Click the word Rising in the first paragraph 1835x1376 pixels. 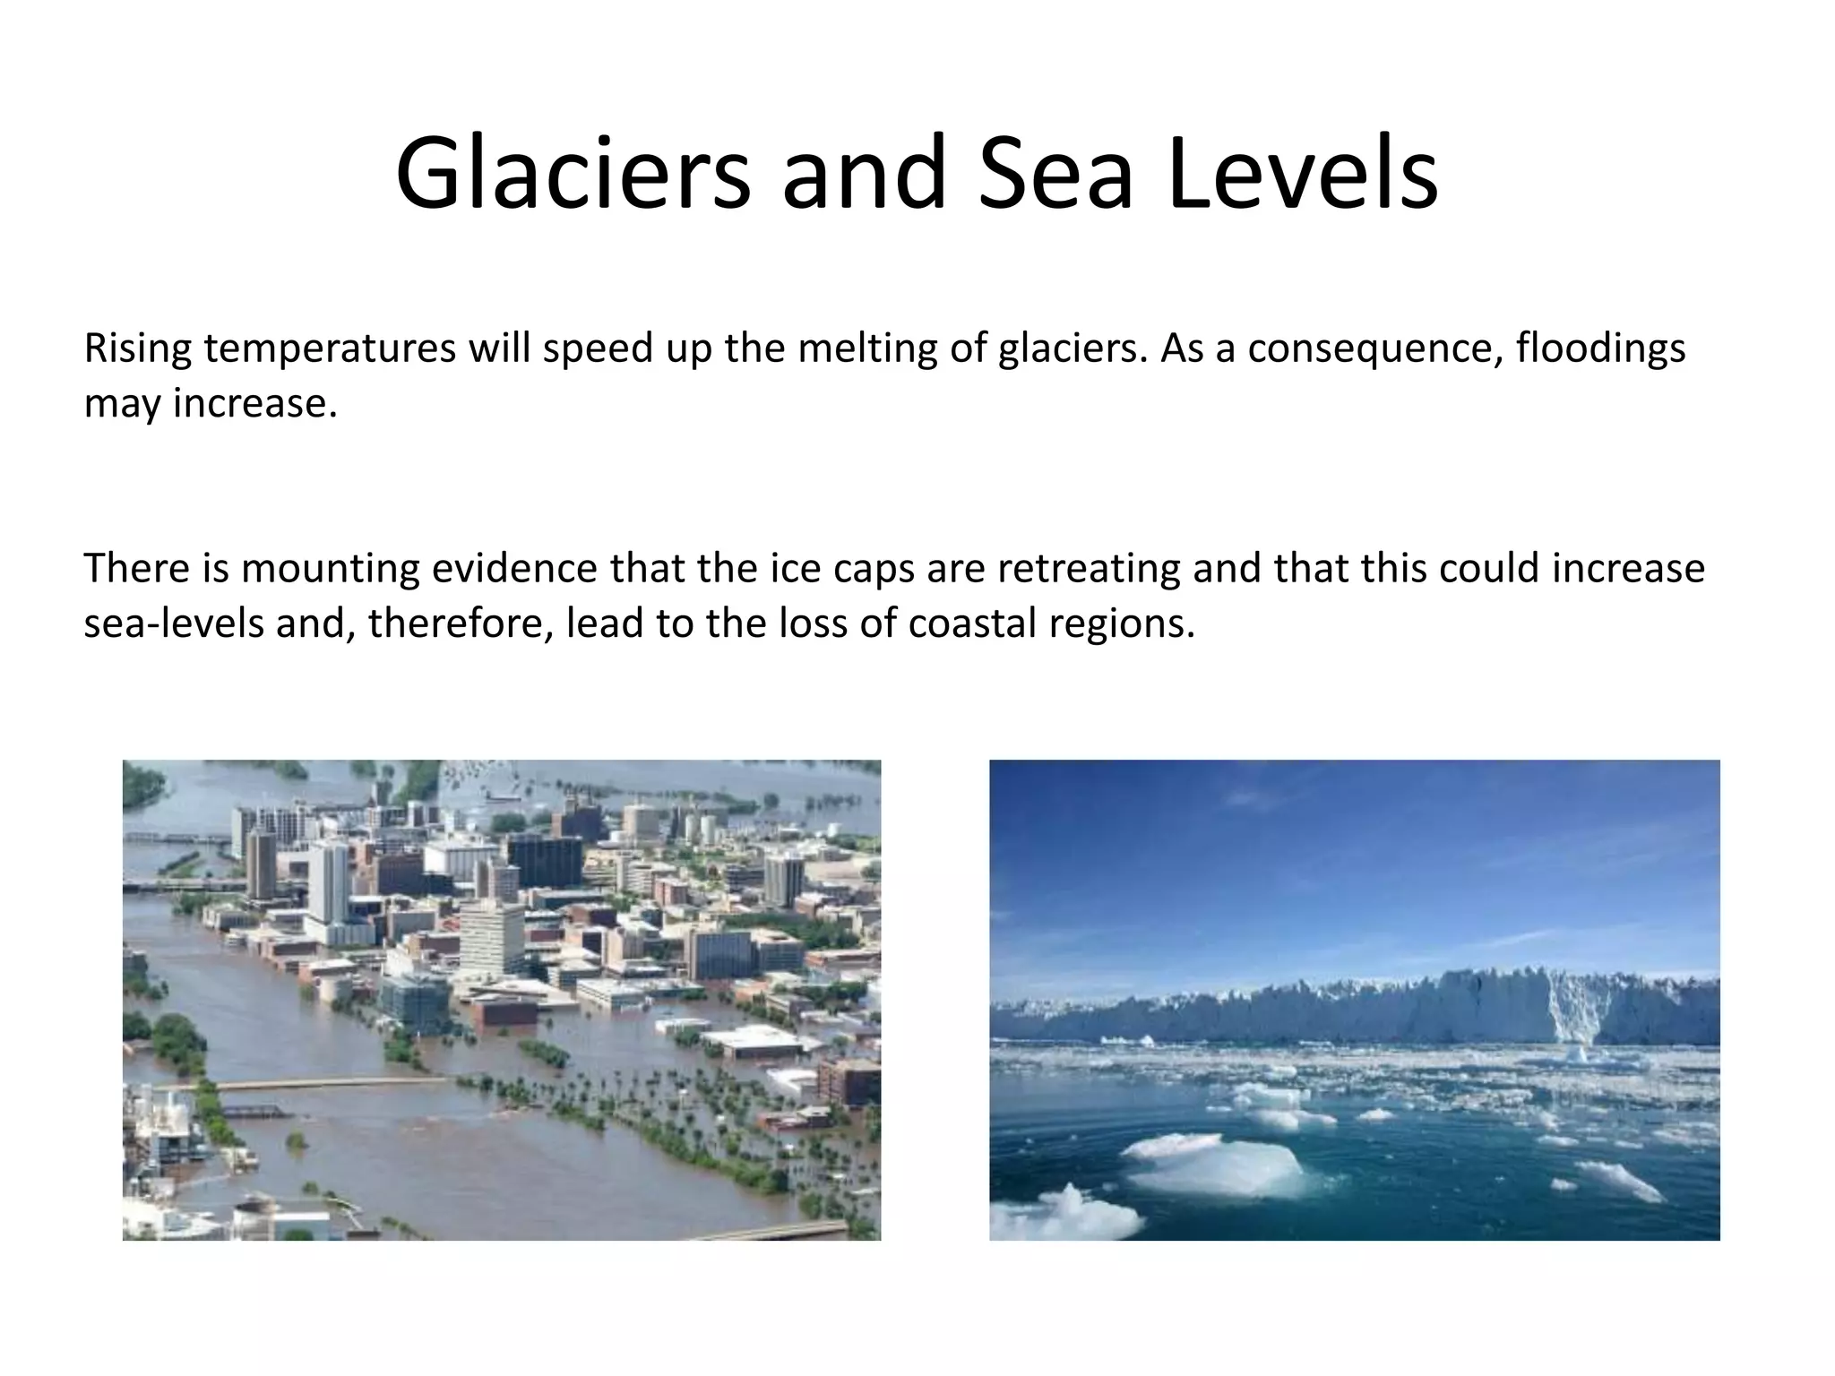point(137,348)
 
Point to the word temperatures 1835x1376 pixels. point(330,348)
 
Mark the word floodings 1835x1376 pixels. point(1600,348)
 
